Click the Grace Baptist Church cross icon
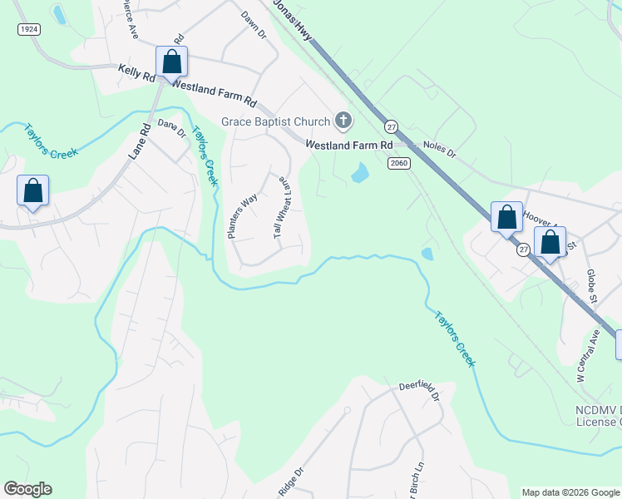point(343,121)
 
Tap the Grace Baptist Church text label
point(275,122)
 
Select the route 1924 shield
point(29,29)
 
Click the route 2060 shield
point(399,163)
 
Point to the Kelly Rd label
point(136,74)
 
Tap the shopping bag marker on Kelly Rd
point(171,62)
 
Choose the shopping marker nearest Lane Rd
point(32,191)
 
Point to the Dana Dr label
point(170,128)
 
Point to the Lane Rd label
point(138,141)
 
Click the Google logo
point(27,489)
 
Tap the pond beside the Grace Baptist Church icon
point(359,174)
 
